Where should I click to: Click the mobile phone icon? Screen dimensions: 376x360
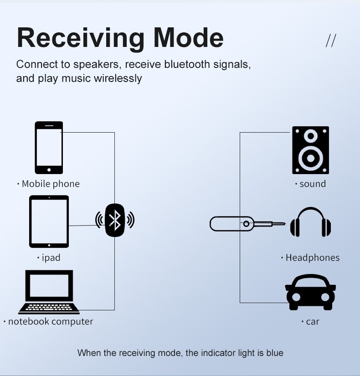tap(49, 147)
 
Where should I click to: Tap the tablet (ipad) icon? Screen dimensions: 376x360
tap(49, 221)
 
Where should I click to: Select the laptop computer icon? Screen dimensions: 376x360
tap(49, 292)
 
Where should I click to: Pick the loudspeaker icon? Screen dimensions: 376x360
tap(310, 150)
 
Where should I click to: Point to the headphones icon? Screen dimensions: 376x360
tap(310, 222)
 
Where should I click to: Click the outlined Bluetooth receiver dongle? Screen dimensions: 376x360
tap(232, 223)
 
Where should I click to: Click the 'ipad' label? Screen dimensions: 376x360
tap(51, 258)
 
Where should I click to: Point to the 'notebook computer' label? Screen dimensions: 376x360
tap(50, 322)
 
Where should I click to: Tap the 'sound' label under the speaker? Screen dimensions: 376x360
tap(313, 184)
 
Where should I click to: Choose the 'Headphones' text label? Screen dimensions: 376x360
tap(312, 258)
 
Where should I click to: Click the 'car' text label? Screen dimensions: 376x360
tap(313, 322)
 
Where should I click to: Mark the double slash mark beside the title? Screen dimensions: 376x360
tap(331, 41)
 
